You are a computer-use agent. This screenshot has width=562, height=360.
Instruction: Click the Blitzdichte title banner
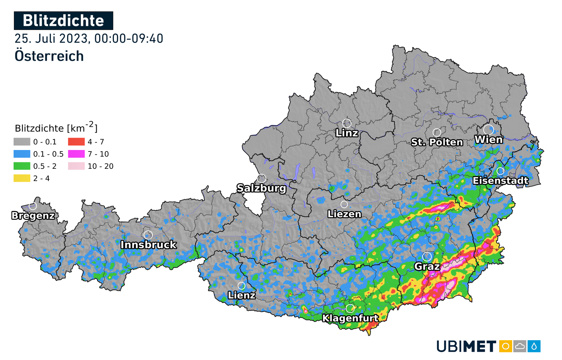coord(63,21)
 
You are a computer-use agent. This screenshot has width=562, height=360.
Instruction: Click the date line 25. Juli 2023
coord(89,39)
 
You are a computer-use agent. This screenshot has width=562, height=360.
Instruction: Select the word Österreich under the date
coord(49,56)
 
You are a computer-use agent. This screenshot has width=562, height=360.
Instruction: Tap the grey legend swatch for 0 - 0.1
coord(22,142)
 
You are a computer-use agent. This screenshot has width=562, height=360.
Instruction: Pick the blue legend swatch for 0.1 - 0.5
coord(22,154)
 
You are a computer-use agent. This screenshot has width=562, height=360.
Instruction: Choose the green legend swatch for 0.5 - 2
coord(22,166)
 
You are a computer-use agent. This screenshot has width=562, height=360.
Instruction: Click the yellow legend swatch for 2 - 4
coord(22,178)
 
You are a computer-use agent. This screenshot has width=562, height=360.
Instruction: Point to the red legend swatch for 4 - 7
coord(76,142)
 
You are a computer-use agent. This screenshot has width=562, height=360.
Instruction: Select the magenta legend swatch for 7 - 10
coord(76,154)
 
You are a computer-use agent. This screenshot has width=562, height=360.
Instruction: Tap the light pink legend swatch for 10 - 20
coord(76,166)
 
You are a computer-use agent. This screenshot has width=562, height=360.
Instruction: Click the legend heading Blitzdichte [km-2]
coord(56,128)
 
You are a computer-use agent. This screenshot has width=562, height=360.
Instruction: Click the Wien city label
coord(489,140)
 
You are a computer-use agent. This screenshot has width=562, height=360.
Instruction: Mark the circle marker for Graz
coord(427,256)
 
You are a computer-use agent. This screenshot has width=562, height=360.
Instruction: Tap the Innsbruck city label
coord(148,245)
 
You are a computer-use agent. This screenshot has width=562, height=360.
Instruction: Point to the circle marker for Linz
coord(347,123)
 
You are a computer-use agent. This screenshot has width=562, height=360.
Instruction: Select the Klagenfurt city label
coord(350,318)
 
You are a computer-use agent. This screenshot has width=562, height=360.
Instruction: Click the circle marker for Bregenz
coord(33,206)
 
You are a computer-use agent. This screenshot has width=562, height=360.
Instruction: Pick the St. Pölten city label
coord(437,142)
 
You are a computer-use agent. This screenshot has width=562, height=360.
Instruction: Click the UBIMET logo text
coord(466,346)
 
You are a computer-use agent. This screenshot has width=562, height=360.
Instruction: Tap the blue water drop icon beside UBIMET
coord(534,346)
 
